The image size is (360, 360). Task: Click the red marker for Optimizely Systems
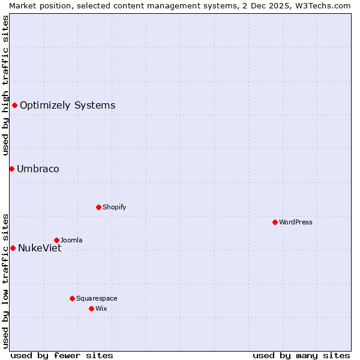coord(15,106)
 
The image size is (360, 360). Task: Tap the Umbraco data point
coord(11,169)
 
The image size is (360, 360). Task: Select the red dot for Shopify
coord(98,207)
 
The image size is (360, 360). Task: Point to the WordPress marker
coord(275,222)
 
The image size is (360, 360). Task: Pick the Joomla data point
coord(56,240)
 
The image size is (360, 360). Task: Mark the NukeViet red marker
coord(13,248)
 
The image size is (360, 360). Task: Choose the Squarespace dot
coord(72,298)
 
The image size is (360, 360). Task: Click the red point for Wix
coord(91,308)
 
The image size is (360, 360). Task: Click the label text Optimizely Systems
coord(67,106)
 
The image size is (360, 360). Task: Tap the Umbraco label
coord(38,169)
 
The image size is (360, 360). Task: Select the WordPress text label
coord(296,222)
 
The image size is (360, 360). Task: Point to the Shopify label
coord(114,207)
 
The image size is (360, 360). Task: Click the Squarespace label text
coord(97,298)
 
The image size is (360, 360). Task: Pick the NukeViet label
coord(40,248)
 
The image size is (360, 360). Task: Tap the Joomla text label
coord(71,240)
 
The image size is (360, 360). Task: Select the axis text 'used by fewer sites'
coord(62,355)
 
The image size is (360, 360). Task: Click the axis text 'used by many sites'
coord(301,355)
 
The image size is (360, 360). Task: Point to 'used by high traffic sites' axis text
coord(5,85)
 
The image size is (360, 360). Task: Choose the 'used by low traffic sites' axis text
coord(5,281)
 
